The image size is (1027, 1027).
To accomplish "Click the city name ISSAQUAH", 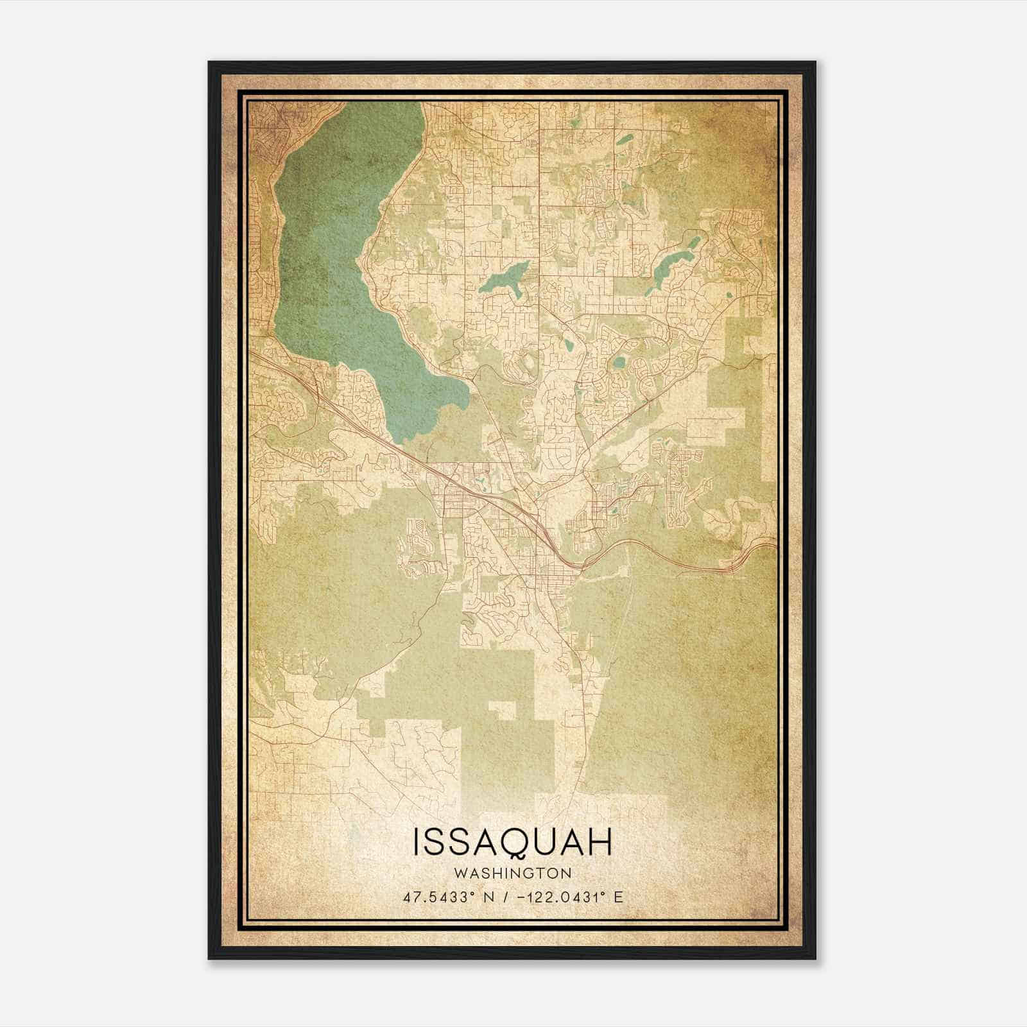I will pos(513,842).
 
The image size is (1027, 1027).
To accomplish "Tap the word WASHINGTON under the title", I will pos(513,874).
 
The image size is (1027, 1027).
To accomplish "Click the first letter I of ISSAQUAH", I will pos(418,842).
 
